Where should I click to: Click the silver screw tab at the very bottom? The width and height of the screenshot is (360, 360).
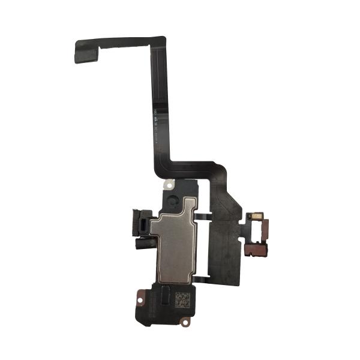click(x=184, y=322)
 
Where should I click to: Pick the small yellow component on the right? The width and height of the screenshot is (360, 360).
click(x=256, y=217)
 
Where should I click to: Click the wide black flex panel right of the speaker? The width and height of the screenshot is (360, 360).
click(x=224, y=234)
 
